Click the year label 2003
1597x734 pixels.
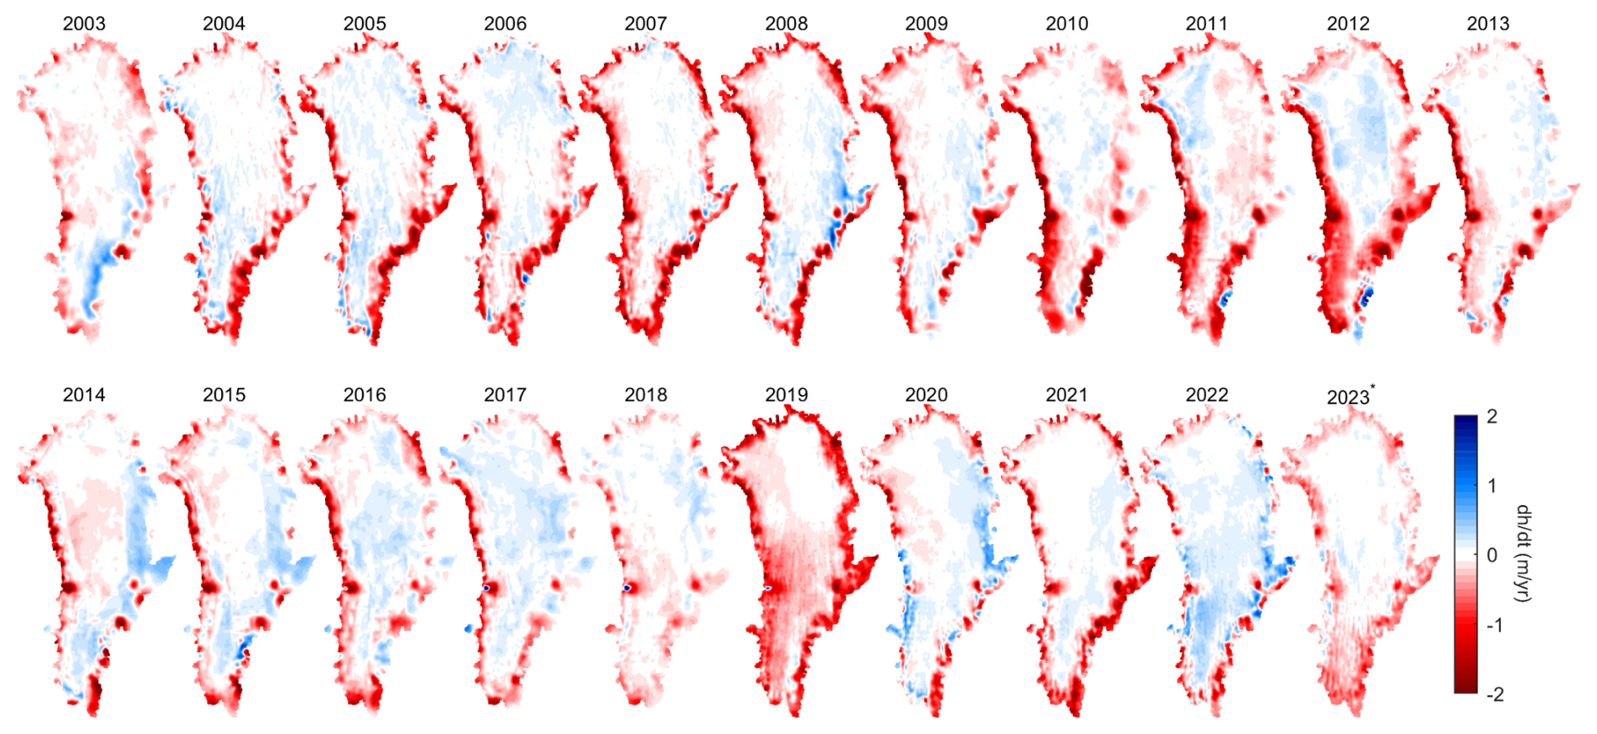point(84,24)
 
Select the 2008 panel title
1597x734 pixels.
point(786,24)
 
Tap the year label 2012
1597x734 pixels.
point(1347,24)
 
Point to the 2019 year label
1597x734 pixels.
point(786,395)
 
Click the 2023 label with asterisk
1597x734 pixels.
point(1349,397)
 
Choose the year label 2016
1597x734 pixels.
point(365,395)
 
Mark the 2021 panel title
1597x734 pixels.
point(1067,395)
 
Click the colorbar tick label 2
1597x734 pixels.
point(1491,416)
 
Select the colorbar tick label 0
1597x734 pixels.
point(1491,556)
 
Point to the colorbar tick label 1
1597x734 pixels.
point(1491,486)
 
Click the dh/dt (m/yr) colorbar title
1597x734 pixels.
point(1524,554)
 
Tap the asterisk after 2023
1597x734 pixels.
point(1373,388)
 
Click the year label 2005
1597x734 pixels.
point(365,24)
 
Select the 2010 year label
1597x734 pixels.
point(1067,24)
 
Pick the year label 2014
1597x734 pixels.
point(84,395)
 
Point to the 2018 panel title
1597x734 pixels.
point(646,395)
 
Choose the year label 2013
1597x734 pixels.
point(1487,24)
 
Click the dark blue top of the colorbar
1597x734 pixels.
point(1465,421)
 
